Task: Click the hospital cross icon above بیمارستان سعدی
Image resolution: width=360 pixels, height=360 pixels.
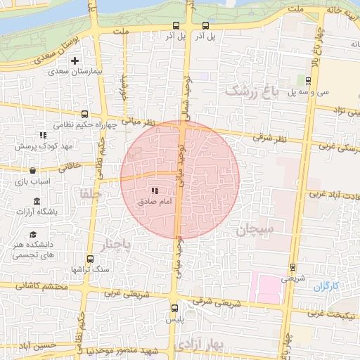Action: [x=74, y=60]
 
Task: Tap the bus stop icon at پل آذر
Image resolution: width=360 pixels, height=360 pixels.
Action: [x=176, y=27]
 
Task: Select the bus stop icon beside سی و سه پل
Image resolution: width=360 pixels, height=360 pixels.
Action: [x=308, y=80]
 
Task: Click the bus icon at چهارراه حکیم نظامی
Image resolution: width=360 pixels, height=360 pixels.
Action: [x=84, y=114]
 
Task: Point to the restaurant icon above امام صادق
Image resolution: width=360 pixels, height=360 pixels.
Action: [x=154, y=191]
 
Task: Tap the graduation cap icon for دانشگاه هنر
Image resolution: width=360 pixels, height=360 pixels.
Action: [x=33, y=235]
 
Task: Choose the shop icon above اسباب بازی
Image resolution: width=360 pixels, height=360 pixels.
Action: [x=33, y=170]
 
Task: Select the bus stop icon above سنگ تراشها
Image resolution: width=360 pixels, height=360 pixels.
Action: [x=89, y=259]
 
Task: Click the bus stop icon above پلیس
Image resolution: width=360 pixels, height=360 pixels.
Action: [x=175, y=308]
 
